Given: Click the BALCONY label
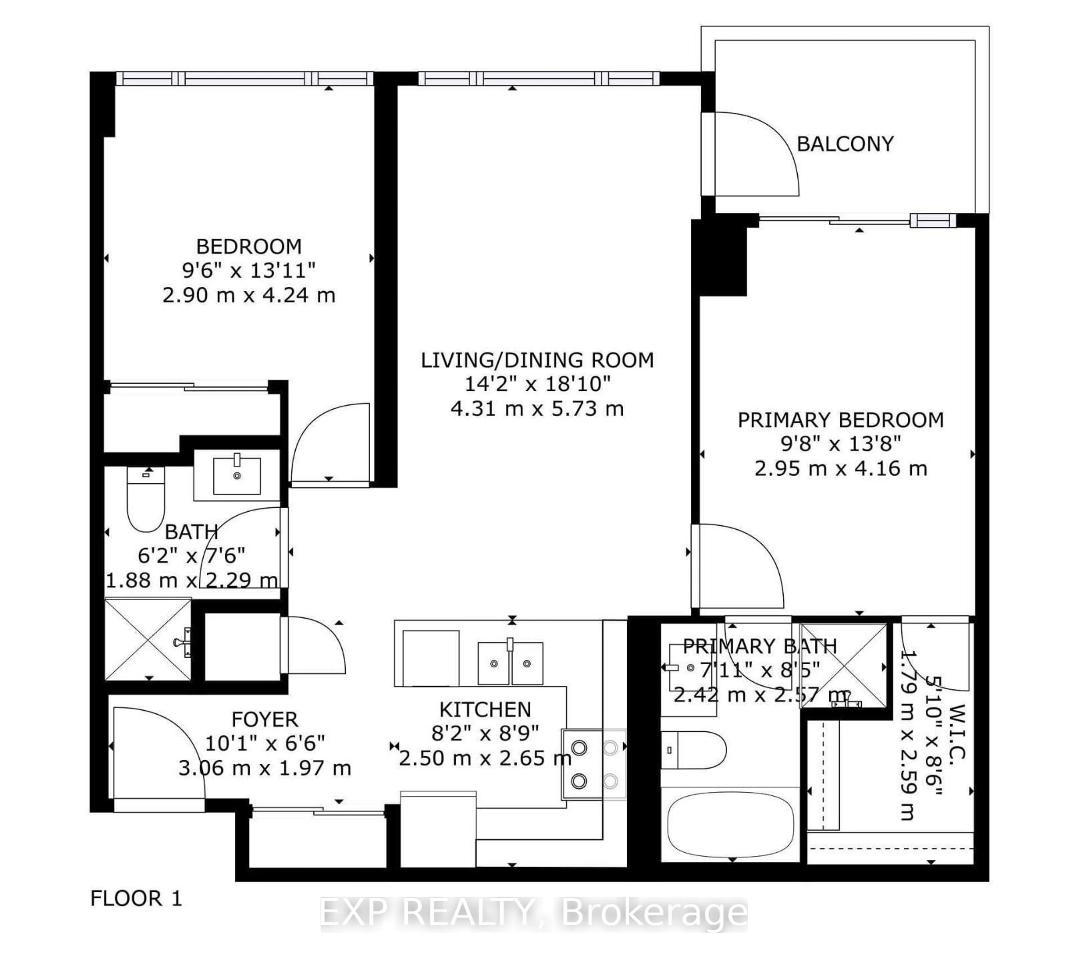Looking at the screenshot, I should [x=845, y=144].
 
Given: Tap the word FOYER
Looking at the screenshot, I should [x=265, y=719].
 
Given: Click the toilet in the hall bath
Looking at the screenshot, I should [x=146, y=499].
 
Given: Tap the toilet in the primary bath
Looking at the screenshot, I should [x=693, y=750].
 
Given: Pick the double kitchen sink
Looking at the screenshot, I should [x=510, y=663].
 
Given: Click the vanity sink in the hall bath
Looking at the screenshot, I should [x=237, y=475].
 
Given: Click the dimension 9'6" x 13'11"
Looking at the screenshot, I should [x=248, y=271].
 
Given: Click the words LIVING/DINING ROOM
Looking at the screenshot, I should [x=537, y=360].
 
